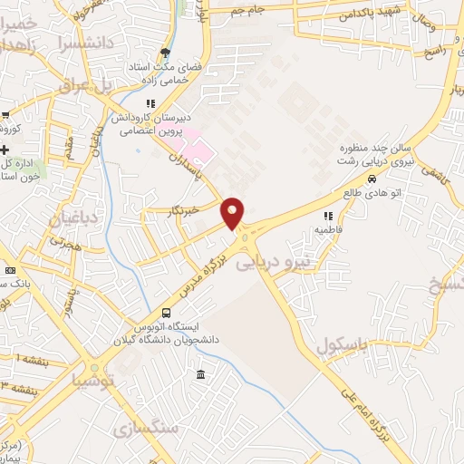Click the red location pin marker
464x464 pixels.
[233, 212]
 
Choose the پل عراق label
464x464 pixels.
[84, 84]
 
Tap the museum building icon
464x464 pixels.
[200, 375]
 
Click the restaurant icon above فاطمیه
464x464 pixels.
[328, 216]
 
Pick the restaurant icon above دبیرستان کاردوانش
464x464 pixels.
[150, 102]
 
